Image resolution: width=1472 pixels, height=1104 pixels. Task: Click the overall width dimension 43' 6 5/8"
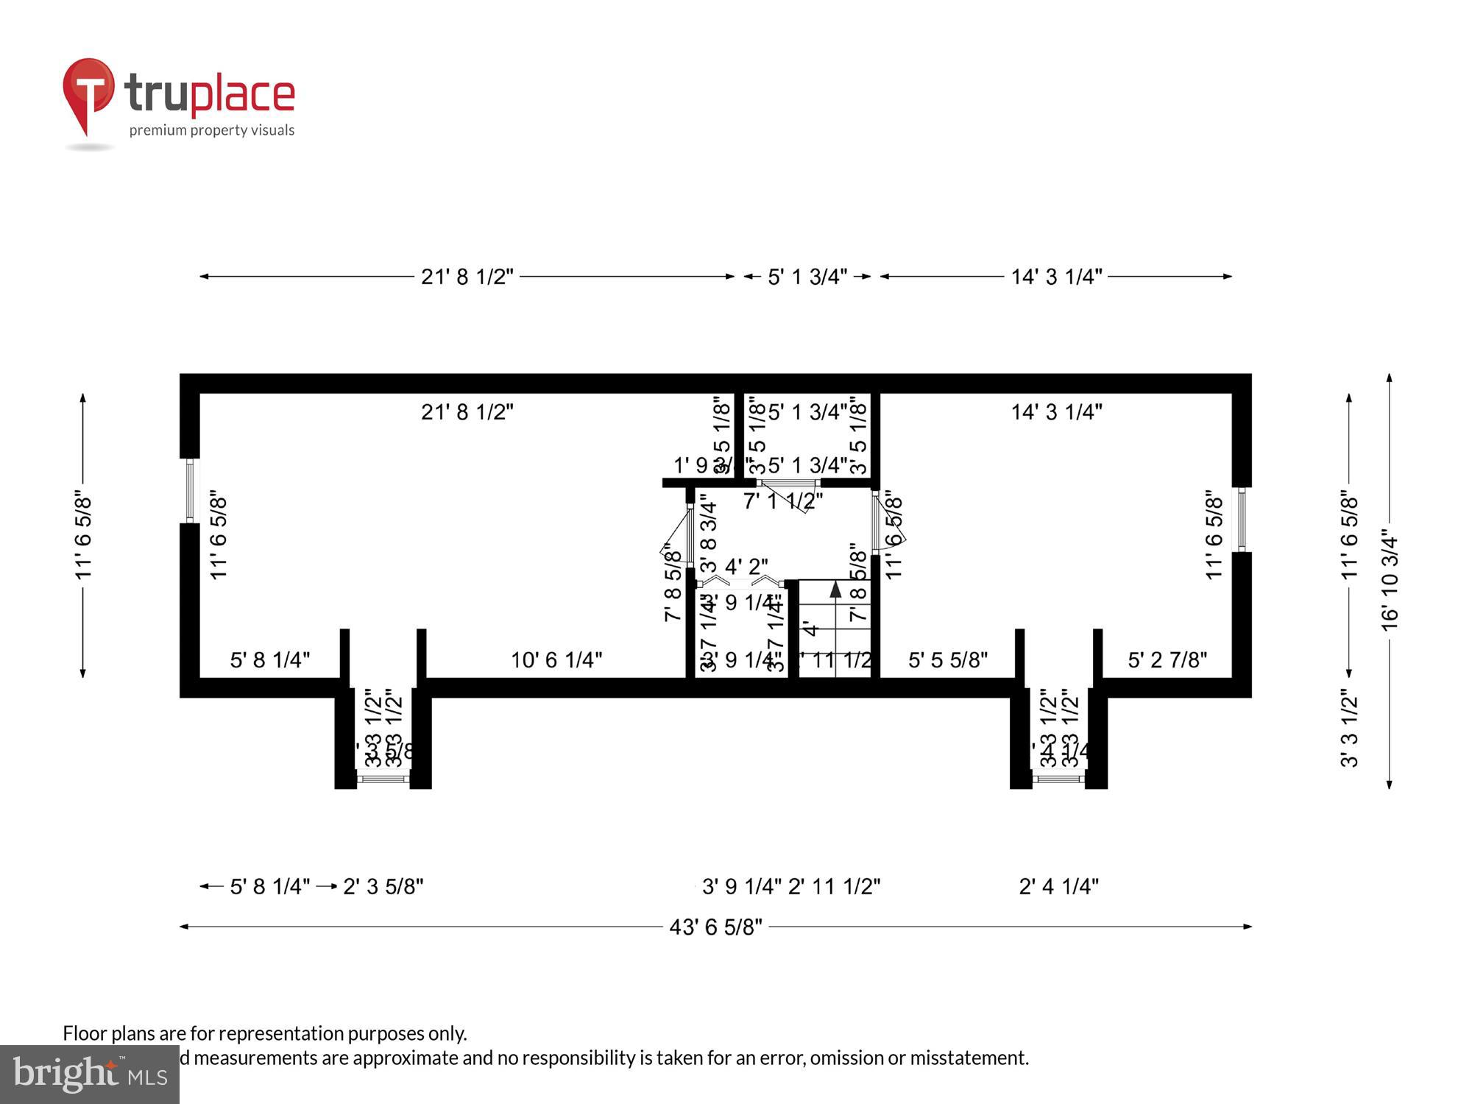pos(715,927)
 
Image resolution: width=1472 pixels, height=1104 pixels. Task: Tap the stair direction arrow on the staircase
pos(835,590)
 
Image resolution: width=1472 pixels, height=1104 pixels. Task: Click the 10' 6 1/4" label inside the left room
pos(556,660)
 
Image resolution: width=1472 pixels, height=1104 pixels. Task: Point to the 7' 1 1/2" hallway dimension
pos(782,501)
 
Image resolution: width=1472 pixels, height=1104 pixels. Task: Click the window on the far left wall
pos(190,490)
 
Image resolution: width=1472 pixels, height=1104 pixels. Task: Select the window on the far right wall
pos(1242,520)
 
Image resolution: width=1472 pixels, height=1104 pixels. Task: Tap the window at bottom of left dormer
pos(383,778)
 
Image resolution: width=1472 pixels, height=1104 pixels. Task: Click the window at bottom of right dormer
pos(1058,778)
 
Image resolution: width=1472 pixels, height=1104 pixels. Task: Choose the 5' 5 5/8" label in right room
pos(947,660)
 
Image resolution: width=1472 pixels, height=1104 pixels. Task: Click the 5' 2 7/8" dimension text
pos(1167,660)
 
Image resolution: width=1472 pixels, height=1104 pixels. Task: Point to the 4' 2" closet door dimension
pos(746,567)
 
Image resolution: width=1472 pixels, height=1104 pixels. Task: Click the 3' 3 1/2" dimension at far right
pos(1348,729)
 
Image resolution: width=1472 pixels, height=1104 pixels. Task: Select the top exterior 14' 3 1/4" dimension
pos(1056,277)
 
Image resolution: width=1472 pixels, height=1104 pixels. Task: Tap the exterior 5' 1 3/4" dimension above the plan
pos(807,277)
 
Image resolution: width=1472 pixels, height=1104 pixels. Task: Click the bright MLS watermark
pos(89,1075)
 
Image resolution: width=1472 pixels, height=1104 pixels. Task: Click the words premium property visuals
pos(212,131)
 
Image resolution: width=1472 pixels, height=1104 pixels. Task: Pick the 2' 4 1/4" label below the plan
pos(1058,886)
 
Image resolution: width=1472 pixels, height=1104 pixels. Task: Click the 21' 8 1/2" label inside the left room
pos(467,412)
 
